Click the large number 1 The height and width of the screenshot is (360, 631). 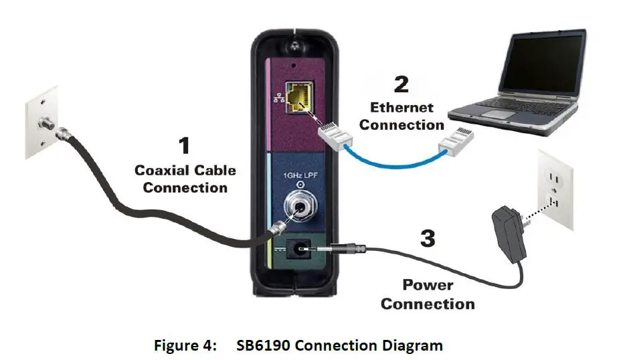(x=183, y=147)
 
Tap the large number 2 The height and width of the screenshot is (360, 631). (x=401, y=84)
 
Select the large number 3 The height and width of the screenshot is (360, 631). (x=429, y=238)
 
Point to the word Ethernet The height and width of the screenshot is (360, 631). (x=401, y=107)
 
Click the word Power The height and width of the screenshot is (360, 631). (x=427, y=285)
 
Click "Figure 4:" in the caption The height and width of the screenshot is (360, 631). (x=185, y=346)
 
